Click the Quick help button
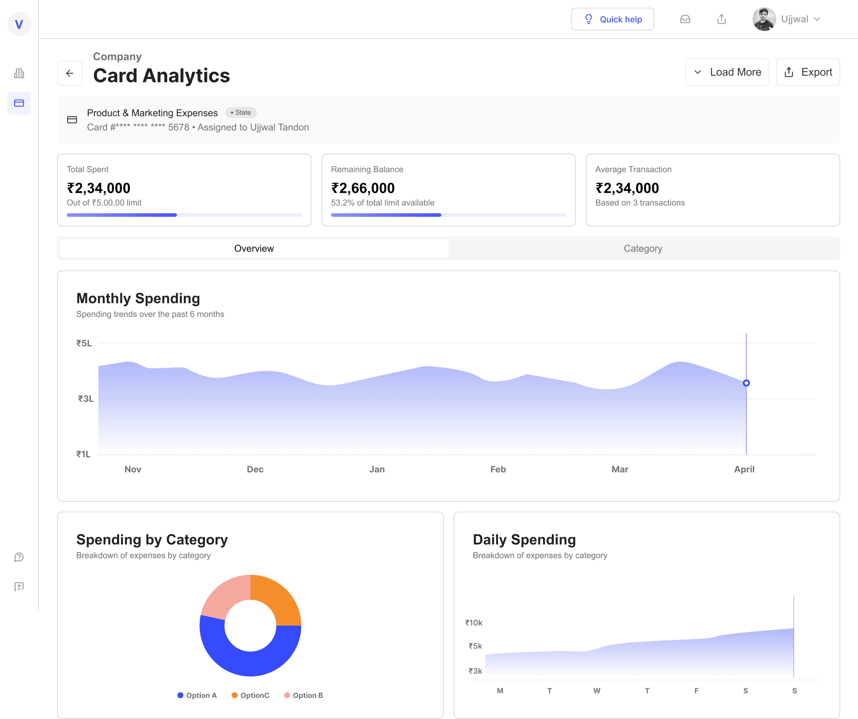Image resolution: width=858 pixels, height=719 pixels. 613,19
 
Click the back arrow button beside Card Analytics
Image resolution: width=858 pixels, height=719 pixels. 70,73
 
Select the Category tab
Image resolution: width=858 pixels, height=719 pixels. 643,248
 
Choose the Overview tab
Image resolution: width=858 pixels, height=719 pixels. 254,248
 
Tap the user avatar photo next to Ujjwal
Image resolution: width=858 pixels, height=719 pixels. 764,19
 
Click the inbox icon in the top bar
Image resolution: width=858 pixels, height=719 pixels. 685,19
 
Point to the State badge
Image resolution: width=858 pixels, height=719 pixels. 241,112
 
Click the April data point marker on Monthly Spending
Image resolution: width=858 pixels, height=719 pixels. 746,383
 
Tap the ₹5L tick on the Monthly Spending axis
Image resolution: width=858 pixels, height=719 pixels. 84,343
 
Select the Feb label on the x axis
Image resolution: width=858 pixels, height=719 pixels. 498,469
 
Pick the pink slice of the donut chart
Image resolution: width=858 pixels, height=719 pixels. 224,596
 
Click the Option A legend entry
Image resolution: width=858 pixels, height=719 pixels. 197,695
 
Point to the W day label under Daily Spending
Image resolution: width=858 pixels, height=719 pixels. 597,691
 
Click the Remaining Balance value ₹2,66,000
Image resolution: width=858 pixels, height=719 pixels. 363,188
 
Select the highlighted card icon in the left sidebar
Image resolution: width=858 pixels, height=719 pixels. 19,103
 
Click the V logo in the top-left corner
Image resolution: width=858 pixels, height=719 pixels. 19,24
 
